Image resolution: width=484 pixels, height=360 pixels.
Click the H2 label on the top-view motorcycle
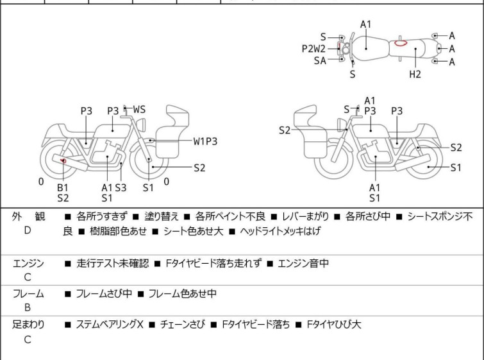pos(415,74)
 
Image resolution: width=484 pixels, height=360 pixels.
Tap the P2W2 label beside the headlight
pos(314,48)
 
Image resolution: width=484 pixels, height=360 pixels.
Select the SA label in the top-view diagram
pos(320,60)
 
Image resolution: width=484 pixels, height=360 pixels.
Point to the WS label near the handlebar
pos(139,110)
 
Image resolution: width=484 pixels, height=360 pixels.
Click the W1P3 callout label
pos(206,141)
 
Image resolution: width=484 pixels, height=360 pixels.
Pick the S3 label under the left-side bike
pos(121,187)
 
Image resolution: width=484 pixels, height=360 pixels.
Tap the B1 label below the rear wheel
pos(63,187)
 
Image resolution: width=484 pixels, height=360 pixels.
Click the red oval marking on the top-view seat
pos(401,44)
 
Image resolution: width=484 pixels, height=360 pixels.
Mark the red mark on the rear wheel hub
pos(63,160)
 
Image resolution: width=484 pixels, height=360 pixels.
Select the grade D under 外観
pos(27,230)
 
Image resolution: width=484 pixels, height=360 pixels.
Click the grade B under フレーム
pos(27,307)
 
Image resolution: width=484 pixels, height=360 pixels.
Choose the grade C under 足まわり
pos(27,339)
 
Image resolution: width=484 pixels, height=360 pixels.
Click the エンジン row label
pos(28,263)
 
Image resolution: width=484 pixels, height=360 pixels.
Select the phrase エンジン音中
pos(303,263)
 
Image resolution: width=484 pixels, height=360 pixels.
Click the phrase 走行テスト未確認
pos(112,263)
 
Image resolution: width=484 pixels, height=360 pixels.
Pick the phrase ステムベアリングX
pos(110,325)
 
